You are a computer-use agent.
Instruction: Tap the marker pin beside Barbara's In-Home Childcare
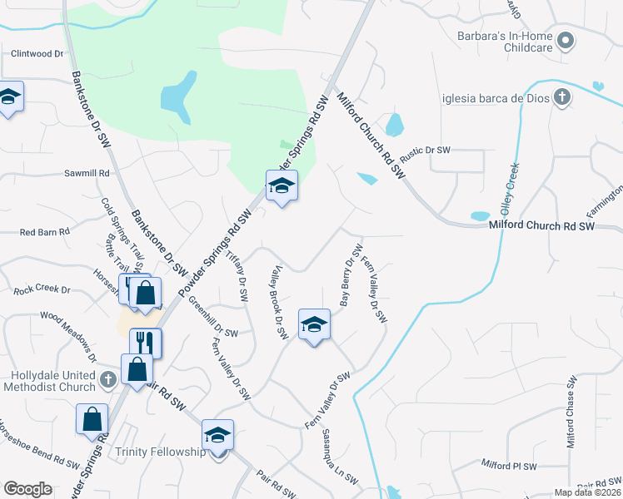[566, 40]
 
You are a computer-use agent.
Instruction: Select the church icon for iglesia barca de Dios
[562, 97]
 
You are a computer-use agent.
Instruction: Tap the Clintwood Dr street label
[37, 53]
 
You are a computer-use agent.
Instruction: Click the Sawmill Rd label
[87, 173]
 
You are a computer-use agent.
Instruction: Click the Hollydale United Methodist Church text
[48, 382]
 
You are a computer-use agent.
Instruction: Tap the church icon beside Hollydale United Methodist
[107, 380]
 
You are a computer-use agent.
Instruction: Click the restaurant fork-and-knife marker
[145, 341]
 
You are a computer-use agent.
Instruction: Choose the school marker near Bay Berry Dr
[314, 324]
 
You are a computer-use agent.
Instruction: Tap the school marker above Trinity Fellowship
[217, 435]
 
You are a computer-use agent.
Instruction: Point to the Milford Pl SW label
[509, 467]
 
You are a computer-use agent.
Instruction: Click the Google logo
[28, 489]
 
